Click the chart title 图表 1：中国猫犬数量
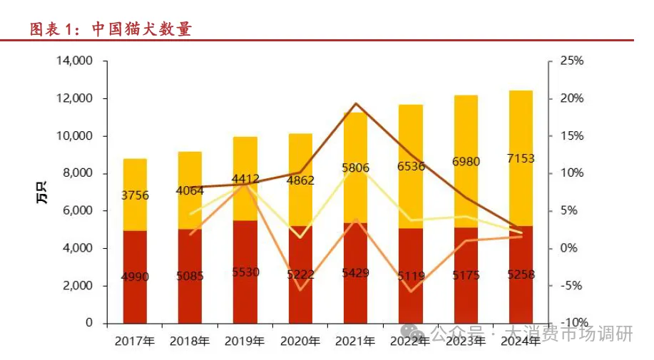(111, 29)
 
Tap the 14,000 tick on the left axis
(74, 61)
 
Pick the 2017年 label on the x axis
(135, 341)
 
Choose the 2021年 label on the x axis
(355, 341)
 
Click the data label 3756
(135, 195)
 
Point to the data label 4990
(135, 277)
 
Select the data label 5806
(355, 169)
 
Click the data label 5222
(300, 274)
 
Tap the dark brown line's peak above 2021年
(355, 103)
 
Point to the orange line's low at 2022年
(411, 291)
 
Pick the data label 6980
(465, 162)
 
